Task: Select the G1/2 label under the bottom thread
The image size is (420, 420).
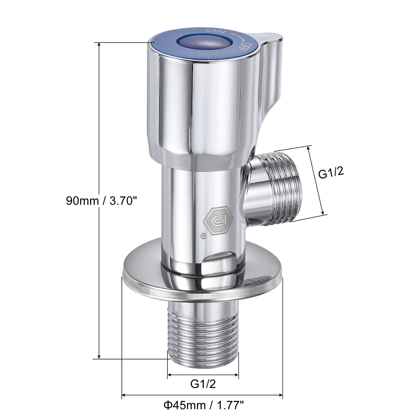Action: tap(203, 384)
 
